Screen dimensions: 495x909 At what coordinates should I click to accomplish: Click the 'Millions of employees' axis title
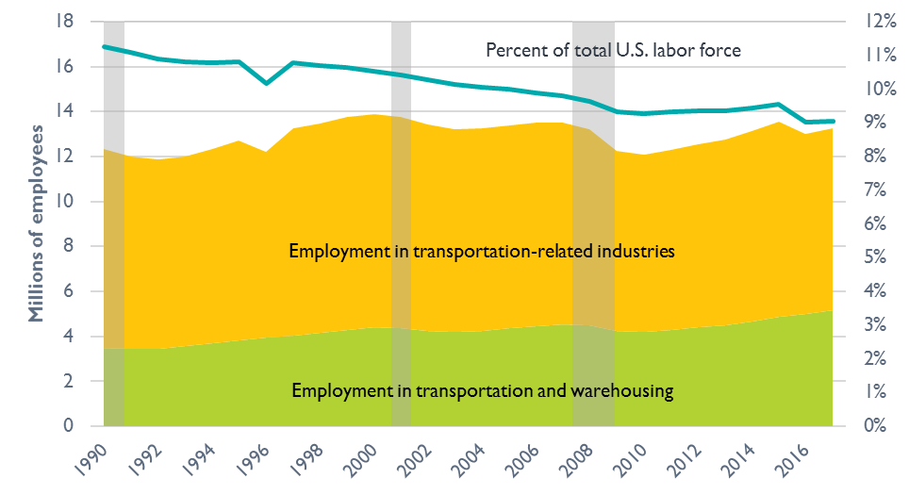[37, 223]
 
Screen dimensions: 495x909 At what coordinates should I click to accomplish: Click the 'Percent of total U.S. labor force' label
[613, 50]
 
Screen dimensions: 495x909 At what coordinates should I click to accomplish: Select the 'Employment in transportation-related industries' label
[481, 252]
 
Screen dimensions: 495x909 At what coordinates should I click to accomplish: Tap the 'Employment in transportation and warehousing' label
[483, 390]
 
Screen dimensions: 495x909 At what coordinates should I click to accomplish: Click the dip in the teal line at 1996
[267, 83]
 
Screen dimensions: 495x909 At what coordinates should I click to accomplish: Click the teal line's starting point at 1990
[105, 46]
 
